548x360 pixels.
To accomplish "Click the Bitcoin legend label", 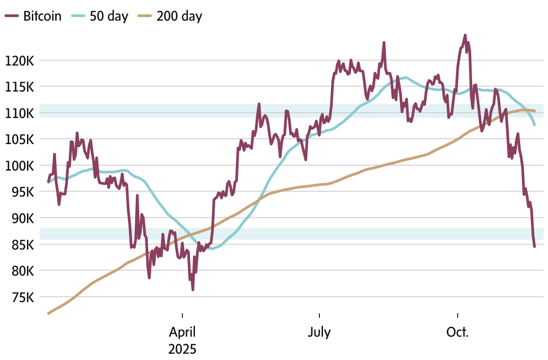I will [42, 17].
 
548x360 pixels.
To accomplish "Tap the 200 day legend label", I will [180, 17].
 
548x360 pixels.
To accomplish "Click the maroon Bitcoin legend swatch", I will [12, 17].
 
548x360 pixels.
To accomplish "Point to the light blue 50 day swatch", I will [78, 17].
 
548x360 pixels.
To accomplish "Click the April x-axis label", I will [182, 333].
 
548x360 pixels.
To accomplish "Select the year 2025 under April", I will [182, 349].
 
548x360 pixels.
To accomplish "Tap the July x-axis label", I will [319, 333].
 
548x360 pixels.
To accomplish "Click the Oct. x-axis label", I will [457, 333].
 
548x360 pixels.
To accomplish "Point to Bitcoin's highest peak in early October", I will [465, 35].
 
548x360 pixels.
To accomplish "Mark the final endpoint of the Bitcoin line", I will [535, 246].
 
